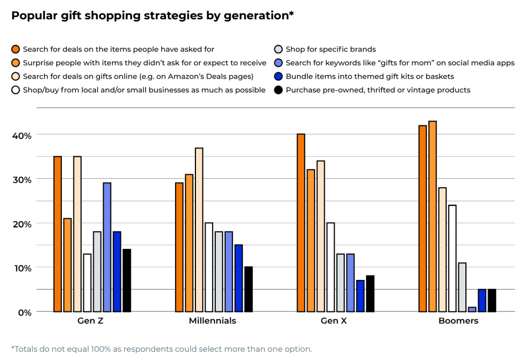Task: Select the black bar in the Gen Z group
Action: [127, 280]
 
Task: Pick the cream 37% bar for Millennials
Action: [199, 230]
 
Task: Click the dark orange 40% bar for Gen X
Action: [301, 223]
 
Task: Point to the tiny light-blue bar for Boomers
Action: [472, 309]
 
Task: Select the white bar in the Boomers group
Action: [452, 258]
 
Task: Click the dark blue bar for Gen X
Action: [360, 296]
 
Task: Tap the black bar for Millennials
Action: [248, 289]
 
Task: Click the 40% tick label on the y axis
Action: [22, 135]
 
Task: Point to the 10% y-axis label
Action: [22, 268]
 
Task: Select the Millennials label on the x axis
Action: [213, 321]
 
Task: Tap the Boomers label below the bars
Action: [458, 321]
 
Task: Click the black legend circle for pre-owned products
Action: [279, 89]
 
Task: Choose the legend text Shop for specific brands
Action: [331, 49]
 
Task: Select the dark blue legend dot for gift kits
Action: [279, 76]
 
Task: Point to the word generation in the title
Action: [255, 15]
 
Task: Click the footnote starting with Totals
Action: [161, 349]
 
